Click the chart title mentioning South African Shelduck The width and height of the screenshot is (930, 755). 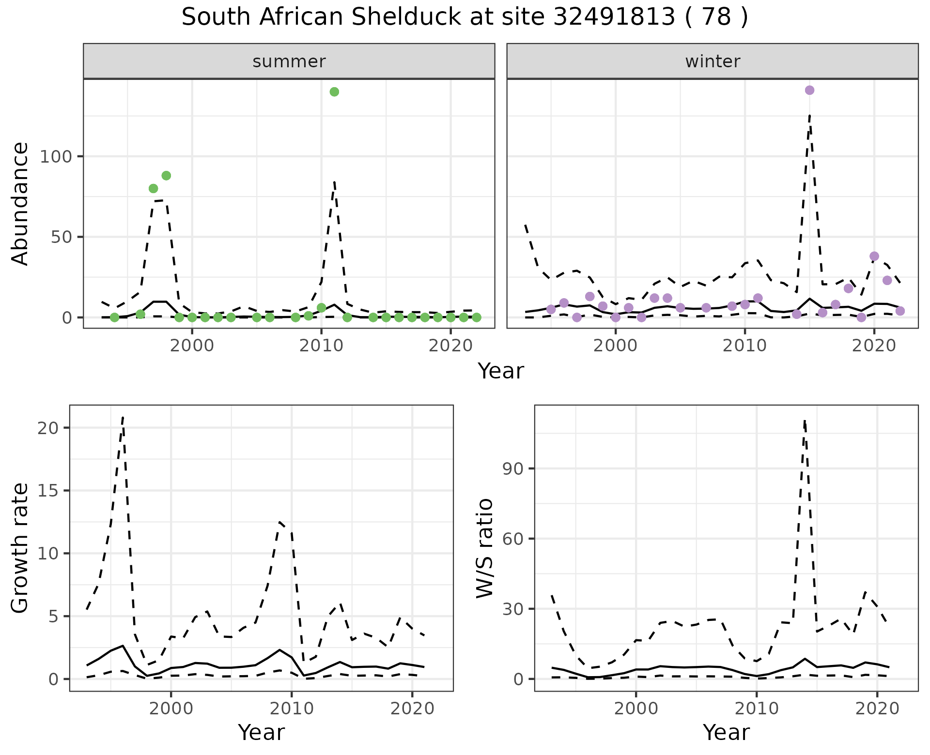[x=465, y=18]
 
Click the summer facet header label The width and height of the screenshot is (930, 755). [x=289, y=61]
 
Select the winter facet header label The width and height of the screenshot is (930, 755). [x=713, y=61]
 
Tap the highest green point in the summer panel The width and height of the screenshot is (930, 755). [x=334, y=92]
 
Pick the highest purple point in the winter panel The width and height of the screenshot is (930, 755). [x=809, y=91]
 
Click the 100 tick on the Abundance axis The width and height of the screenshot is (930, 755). [x=55, y=156]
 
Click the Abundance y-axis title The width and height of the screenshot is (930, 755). [x=20, y=203]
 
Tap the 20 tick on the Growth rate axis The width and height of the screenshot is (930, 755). [x=47, y=428]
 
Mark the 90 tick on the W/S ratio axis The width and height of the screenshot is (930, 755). [x=512, y=468]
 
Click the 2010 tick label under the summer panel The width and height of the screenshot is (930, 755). [x=321, y=346]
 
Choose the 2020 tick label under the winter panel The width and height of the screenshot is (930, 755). [x=874, y=346]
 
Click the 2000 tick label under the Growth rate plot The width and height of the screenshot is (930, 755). [x=170, y=709]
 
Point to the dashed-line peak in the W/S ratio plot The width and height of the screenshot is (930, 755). [x=804, y=421]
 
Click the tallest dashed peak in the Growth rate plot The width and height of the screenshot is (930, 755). [x=123, y=417]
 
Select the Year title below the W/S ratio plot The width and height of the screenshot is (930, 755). [x=726, y=732]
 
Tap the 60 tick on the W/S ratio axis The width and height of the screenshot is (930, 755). [x=512, y=539]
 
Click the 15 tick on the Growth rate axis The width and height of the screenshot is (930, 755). [x=47, y=491]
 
